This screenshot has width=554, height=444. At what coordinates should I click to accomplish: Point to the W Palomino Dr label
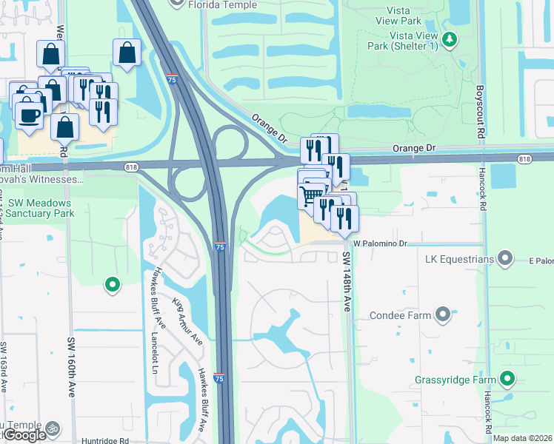pyautogui.click(x=381, y=243)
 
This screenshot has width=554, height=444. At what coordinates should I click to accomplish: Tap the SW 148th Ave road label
pyautogui.click(x=346, y=281)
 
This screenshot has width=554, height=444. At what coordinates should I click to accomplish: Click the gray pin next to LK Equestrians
pyautogui.click(x=506, y=258)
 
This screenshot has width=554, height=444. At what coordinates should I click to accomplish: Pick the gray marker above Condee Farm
pyautogui.click(x=443, y=315)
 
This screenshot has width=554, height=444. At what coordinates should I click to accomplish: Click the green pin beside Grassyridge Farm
pyautogui.click(x=507, y=380)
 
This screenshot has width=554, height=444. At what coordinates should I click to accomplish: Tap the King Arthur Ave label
pyautogui.click(x=187, y=322)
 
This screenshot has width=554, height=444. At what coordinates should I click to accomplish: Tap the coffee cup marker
pyautogui.click(x=28, y=116)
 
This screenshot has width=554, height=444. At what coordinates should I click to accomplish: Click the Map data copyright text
pyautogui.click(x=522, y=438)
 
